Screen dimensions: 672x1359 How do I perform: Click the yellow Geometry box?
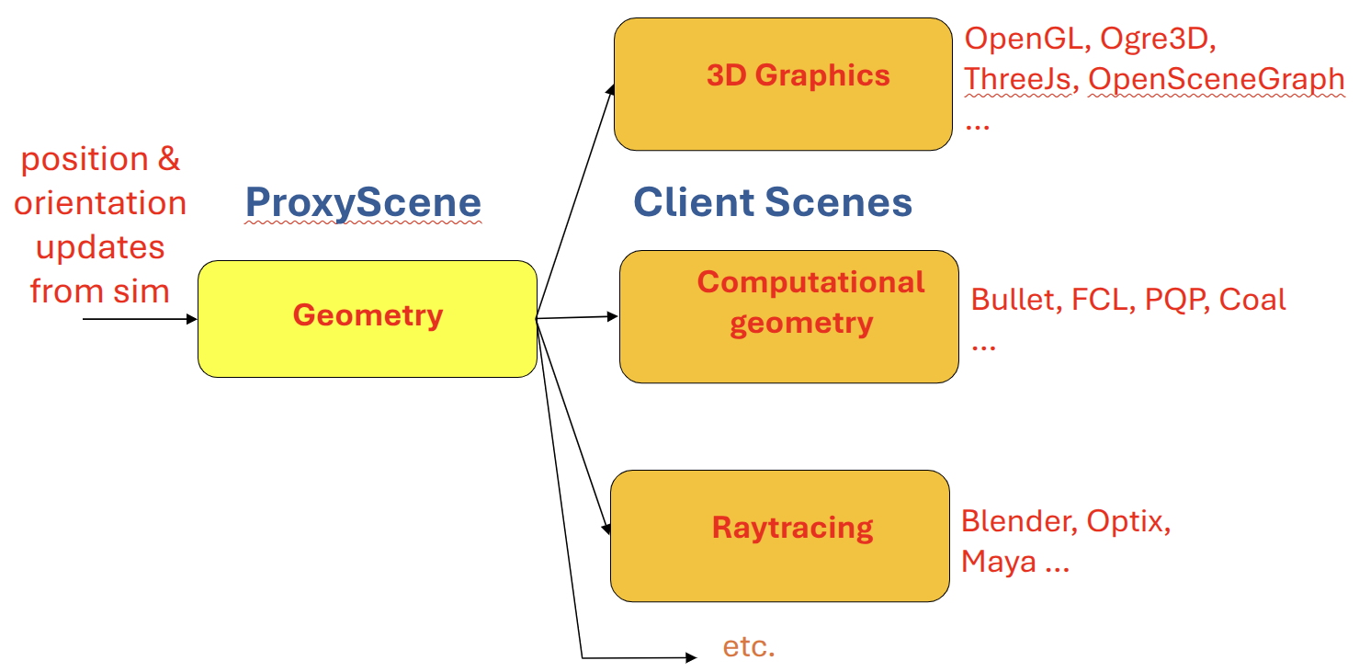coord(368,318)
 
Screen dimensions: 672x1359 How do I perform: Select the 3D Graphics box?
coord(783,84)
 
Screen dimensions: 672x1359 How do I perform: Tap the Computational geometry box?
coord(788,316)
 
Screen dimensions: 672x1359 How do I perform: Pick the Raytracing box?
coord(779,535)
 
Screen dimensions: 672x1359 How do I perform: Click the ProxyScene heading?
coord(363,203)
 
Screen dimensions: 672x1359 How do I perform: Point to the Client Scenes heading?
coord(773,203)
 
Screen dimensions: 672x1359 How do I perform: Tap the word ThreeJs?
coord(1018,80)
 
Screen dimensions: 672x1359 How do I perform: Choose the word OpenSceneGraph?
coord(1217,80)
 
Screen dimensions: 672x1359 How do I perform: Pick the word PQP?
coord(1176,300)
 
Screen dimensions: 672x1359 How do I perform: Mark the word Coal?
coord(1252,300)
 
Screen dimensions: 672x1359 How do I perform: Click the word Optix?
coord(1128,521)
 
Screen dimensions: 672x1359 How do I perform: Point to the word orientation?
coord(100,203)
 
